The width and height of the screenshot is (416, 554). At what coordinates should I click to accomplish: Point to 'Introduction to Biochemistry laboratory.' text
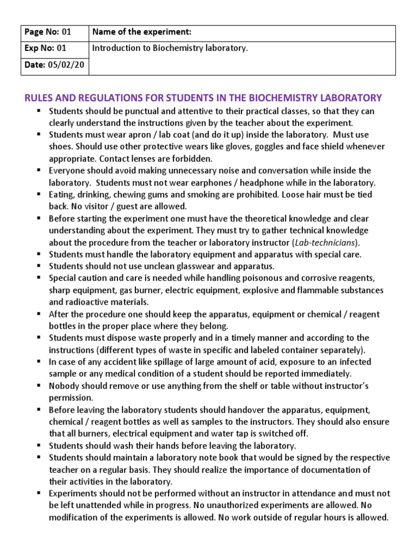[170, 48]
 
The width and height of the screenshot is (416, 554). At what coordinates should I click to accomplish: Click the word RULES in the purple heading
[40, 98]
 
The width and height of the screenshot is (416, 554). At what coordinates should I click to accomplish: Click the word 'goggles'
[282, 147]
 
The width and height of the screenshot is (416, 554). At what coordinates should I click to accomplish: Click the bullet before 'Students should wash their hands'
[40, 445]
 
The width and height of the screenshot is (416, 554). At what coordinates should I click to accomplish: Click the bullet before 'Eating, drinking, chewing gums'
[40, 194]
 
